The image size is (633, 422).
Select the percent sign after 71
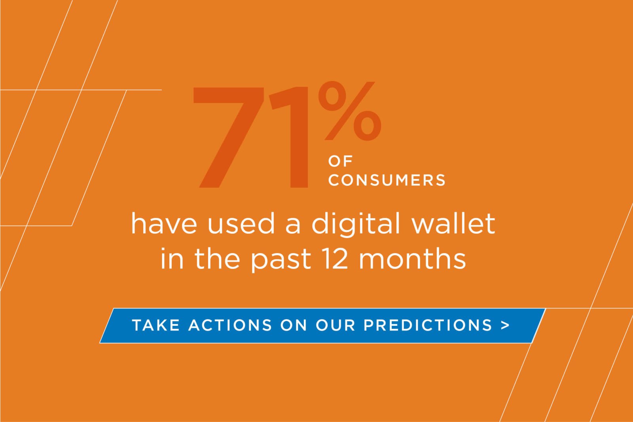[x=350, y=112]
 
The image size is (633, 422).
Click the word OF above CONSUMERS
[x=340, y=161]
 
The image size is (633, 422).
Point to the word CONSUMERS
[x=387, y=180]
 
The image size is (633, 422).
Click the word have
[x=164, y=223]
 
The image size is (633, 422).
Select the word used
[x=241, y=223]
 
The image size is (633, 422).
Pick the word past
[x=281, y=260]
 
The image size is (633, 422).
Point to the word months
[x=412, y=259]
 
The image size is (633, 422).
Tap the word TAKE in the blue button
[x=156, y=325]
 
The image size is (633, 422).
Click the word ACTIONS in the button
[x=230, y=325]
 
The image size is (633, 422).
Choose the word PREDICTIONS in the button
[x=428, y=325]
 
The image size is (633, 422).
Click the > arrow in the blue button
[x=505, y=325]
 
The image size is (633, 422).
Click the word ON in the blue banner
[x=294, y=325]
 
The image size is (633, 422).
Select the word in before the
[x=172, y=259]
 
